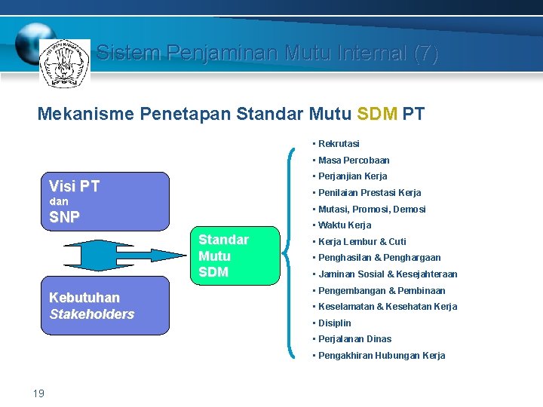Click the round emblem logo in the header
65,63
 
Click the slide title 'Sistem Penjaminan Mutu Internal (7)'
267,53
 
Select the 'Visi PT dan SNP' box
104,201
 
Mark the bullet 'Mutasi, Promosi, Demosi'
372,209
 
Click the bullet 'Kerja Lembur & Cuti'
362,242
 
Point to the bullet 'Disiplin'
335,323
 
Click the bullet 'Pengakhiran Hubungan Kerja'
382,356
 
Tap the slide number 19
39,393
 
